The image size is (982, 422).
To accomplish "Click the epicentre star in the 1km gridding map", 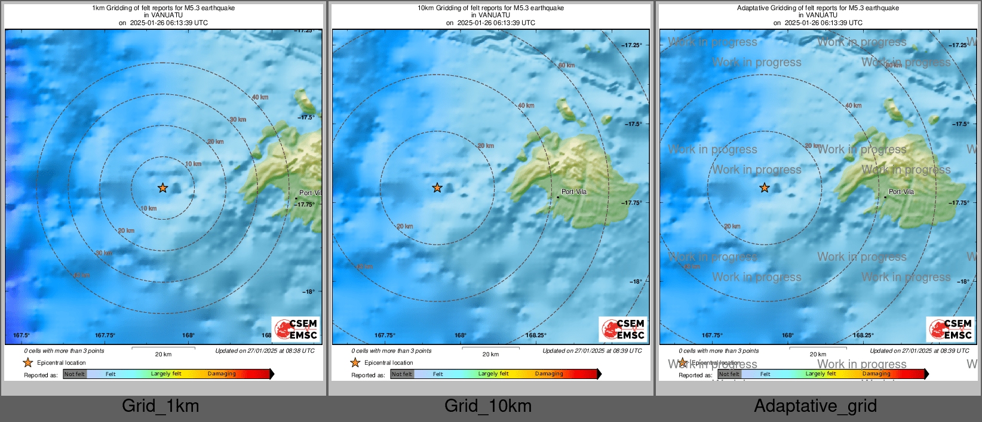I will click(x=162, y=188).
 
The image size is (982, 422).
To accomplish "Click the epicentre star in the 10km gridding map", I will click(x=437, y=188).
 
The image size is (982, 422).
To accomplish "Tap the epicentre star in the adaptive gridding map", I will click(x=765, y=188).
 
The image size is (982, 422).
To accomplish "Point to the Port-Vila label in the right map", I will click(x=901, y=192).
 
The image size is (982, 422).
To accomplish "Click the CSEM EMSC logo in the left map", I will click(x=296, y=329).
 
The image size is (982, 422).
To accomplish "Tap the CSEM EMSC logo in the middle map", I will click(x=623, y=329).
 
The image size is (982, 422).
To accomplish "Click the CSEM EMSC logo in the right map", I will click(x=950, y=329).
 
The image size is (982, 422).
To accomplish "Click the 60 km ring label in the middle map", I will click(x=566, y=65).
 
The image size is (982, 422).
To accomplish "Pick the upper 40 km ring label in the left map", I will click(x=260, y=97).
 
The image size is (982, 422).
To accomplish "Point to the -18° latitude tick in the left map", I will click(x=308, y=292).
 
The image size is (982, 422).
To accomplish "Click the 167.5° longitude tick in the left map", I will click(x=22, y=335).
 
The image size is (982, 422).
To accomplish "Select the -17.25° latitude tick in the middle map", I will click(x=631, y=45).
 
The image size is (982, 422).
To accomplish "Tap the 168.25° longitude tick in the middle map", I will click(x=536, y=335).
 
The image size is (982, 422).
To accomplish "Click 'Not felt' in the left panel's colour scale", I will click(x=75, y=374).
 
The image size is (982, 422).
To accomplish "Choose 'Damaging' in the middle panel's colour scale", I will click(x=549, y=374).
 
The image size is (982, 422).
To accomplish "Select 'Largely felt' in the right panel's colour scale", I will click(x=820, y=374).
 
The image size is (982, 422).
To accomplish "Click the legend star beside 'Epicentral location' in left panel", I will click(x=28, y=362).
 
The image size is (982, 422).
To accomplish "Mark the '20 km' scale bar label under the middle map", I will click(x=490, y=355).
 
